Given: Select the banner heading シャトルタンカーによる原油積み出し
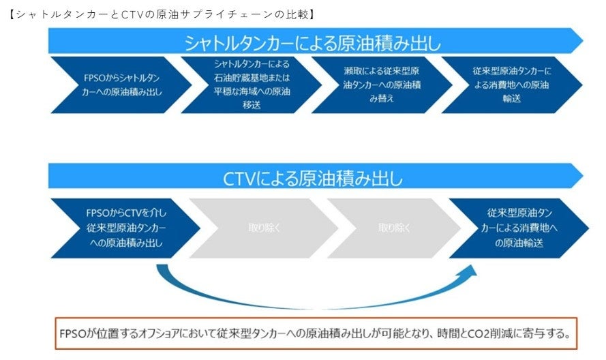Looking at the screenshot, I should [x=312, y=43].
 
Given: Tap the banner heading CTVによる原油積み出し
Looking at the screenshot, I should [x=312, y=179].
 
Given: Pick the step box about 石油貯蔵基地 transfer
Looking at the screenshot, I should [x=247, y=85].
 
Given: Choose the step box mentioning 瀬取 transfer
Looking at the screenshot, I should [x=379, y=85].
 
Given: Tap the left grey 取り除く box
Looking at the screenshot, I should [x=262, y=228].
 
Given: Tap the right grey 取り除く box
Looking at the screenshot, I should [x=394, y=228].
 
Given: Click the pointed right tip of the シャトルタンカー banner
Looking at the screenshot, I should [x=579, y=42].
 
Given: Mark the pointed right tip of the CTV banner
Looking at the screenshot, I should [x=579, y=177].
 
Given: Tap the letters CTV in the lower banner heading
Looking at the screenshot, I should [x=238, y=179].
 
